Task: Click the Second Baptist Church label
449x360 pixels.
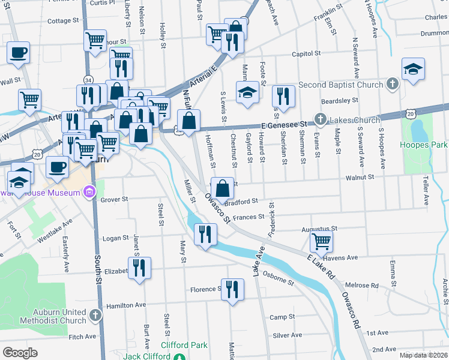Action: (340, 85)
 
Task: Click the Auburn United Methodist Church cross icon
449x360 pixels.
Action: (95, 315)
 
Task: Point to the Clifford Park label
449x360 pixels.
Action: (184, 345)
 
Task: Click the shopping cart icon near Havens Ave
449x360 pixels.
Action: (322, 241)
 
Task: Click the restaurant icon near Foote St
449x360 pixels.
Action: (282, 95)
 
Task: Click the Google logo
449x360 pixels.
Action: (20, 353)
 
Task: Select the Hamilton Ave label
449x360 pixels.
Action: (126, 305)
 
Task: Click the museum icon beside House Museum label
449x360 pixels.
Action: (89, 193)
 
